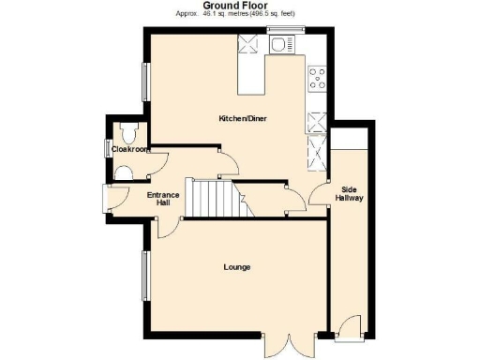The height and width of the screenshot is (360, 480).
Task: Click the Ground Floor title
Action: point(240,5)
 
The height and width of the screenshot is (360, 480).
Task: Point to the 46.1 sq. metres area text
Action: point(240,13)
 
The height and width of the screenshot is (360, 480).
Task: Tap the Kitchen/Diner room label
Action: point(239,118)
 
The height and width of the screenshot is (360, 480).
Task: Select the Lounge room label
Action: point(236,267)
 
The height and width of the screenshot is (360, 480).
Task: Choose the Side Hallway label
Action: point(351,193)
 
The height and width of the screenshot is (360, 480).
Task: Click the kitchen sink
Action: point(280,43)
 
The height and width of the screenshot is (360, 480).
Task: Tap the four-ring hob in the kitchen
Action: point(316,79)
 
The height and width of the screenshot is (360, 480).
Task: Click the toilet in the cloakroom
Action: point(128,131)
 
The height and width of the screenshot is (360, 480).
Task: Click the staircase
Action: point(213,198)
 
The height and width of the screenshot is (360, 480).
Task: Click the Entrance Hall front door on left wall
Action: point(106,199)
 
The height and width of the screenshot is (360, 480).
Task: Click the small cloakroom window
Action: point(107,148)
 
